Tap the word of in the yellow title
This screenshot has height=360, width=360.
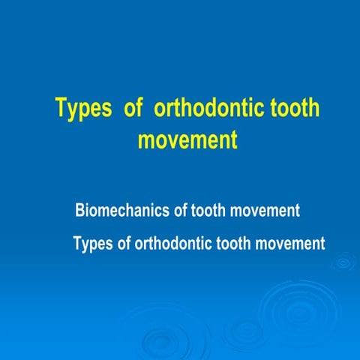(133, 109)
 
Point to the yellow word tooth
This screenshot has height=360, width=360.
(294, 109)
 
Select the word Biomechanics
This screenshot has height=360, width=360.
(122, 211)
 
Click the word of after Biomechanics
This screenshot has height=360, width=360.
(180, 211)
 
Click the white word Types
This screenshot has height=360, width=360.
(93, 244)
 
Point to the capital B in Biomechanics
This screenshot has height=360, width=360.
(81, 211)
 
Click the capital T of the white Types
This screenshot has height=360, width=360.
(77, 244)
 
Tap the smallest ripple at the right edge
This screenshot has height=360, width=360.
(344, 262)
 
